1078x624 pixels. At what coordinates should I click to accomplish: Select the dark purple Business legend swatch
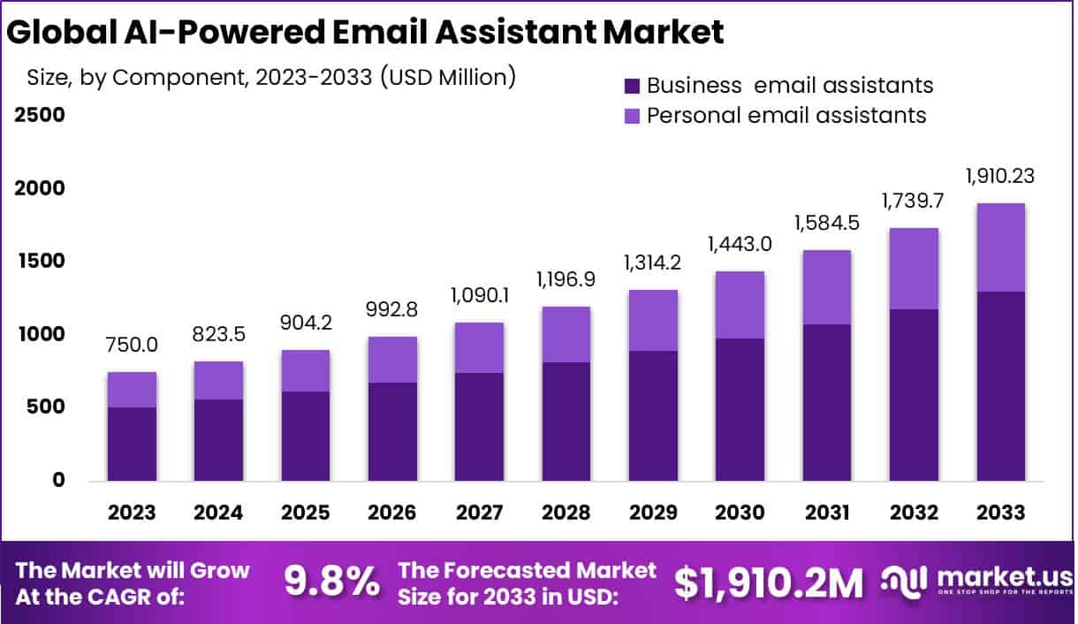(632, 86)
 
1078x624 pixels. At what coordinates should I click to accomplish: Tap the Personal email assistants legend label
(786, 115)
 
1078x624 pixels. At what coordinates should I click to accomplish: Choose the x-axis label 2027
(479, 514)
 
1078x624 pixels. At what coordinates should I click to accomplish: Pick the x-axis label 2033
(1001, 514)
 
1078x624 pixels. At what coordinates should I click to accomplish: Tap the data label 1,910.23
(998, 177)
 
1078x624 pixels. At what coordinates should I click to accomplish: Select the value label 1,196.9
(566, 281)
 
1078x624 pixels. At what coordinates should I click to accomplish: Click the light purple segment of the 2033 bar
(1001, 247)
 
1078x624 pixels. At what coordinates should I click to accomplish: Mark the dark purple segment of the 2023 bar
(132, 444)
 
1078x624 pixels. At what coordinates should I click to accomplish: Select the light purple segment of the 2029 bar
(653, 320)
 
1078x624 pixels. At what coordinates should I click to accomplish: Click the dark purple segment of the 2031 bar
(827, 402)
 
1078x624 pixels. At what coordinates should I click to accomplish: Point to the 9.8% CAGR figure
(331, 582)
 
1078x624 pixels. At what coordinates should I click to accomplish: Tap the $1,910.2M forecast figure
(768, 582)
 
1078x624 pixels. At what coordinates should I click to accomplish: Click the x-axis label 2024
(218, 514)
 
